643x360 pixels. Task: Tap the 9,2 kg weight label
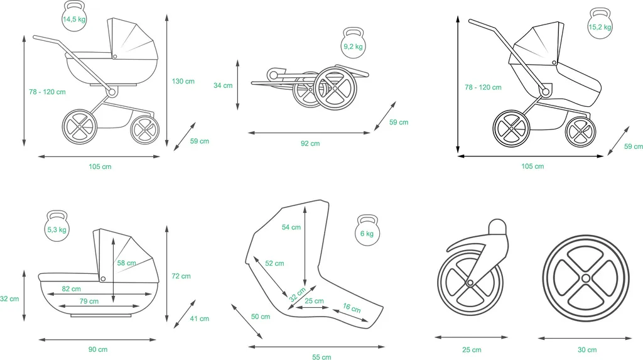[353, 46]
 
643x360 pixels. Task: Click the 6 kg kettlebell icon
[366, 233]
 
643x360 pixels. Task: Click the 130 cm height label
[183, 81]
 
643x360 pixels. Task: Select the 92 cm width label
[310, 143]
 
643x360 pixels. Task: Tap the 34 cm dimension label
[223, 85]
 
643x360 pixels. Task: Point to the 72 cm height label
[181, 276]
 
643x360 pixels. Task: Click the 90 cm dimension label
[98, 349]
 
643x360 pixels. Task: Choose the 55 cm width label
[321, 357]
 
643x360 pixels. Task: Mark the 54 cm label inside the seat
[291, 227]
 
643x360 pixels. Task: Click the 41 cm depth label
[199, 319]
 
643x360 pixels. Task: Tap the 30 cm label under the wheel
[588, 349]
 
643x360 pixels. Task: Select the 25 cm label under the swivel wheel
[472, 349]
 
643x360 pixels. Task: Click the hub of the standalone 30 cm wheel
[585, 278]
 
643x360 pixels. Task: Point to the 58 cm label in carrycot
[126, 263]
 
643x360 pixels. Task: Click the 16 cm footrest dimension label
[352, 308]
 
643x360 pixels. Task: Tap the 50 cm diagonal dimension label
[261, 317]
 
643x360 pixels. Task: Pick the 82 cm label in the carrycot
[71, 289]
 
